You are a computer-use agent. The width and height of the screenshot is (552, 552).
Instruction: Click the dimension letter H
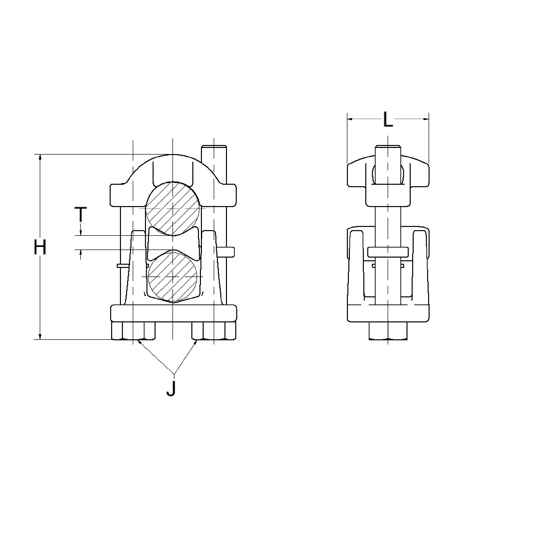[x=40, y=248]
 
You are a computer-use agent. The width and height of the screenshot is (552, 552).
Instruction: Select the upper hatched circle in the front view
[x=172, y=209]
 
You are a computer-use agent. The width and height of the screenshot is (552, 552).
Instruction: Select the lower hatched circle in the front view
[x=172, y=276]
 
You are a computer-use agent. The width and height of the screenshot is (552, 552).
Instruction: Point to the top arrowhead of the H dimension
[x=40, y=157]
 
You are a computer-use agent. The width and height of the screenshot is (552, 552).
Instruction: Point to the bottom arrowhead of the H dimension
[x=40, y=337]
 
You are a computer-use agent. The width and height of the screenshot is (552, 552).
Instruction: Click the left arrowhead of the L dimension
[x=349, y=119]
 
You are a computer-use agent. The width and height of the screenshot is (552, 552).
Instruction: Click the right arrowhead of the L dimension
[x=427, y=119]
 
